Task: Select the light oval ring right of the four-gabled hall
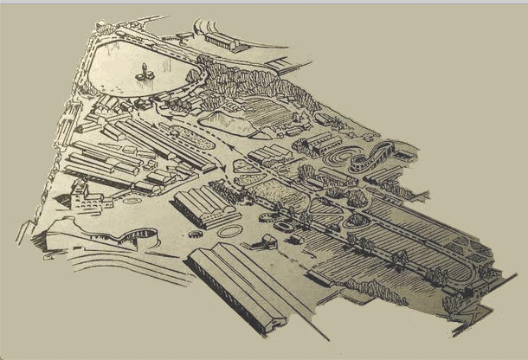229,231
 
